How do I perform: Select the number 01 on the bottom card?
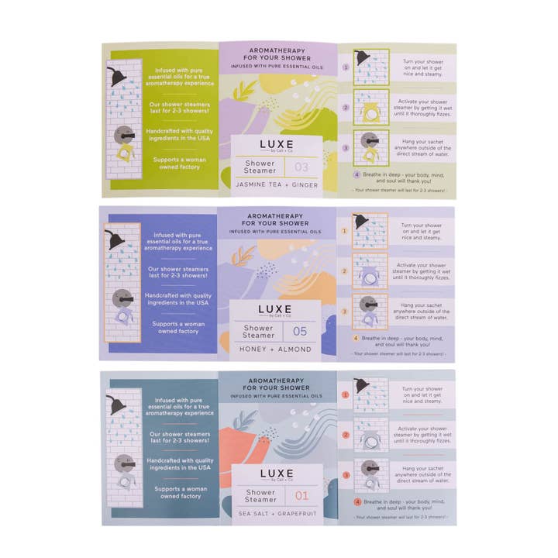tap(301, 496)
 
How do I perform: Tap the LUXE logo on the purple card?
tap(275, 310)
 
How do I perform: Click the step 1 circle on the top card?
tap(346, 67)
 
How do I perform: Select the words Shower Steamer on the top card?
tap(261, 167)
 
